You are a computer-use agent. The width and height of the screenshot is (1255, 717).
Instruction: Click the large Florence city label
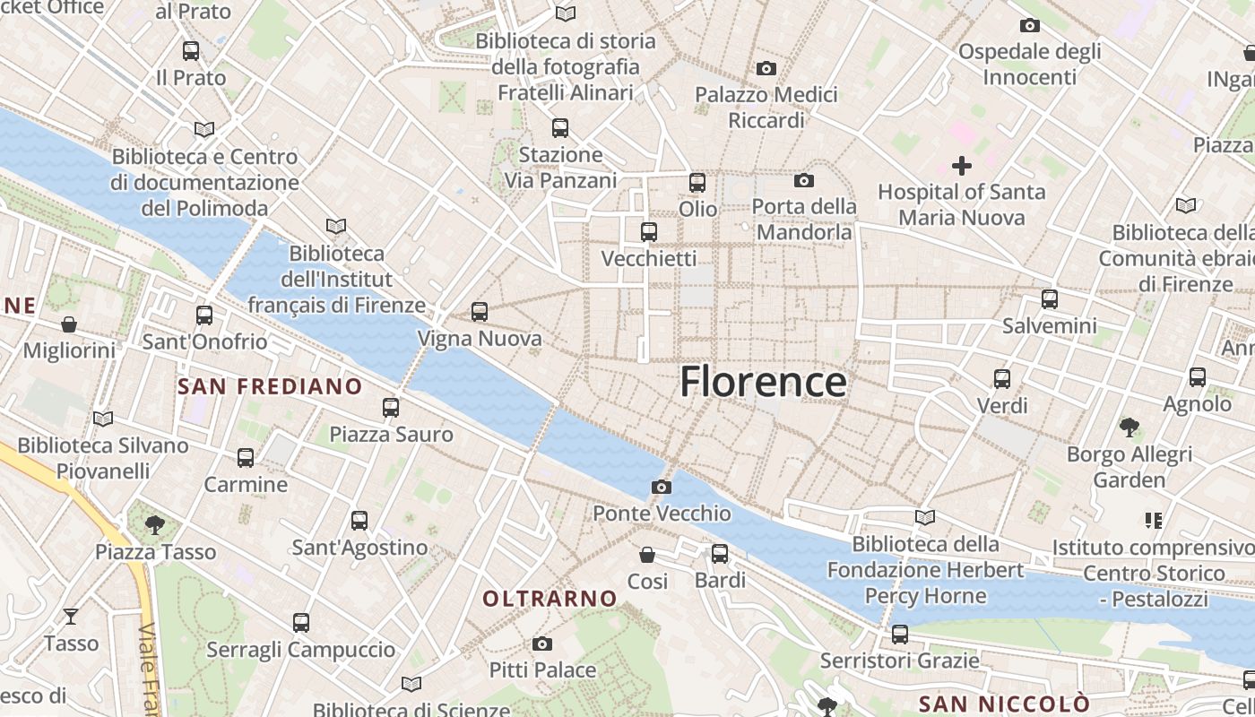pos(763,382)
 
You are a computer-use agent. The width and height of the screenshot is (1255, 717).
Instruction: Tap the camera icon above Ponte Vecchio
pos(662,487)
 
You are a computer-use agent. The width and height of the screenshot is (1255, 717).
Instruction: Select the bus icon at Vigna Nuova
pos(480,312)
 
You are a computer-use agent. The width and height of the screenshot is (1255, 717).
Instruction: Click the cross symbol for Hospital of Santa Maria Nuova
pos(962,165)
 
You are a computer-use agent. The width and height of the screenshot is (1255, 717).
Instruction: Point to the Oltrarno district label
pos(550,599)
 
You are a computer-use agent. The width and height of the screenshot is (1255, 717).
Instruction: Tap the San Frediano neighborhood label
pos(270,387)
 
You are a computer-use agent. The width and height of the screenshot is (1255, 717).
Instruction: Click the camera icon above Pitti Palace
pos(541,644)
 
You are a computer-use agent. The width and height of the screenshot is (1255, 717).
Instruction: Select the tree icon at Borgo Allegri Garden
pos(1129,427)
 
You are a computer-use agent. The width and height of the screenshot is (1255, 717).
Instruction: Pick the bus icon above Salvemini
pos(1049,298)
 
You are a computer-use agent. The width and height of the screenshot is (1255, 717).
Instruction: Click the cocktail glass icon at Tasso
pos(71,616)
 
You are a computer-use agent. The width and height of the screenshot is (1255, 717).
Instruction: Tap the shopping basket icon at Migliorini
pos(69,324)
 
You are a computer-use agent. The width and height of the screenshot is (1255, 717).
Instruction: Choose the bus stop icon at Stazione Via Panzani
pos(560,127)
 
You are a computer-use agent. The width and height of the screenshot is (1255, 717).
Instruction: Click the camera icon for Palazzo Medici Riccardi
pos(766,68)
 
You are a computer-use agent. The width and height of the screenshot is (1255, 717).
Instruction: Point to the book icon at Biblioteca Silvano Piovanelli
pos(103,419)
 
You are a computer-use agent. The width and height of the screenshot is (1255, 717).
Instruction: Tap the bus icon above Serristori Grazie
pos(900,634)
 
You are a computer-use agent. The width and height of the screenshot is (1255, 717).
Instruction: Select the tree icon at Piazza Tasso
pos(155,524)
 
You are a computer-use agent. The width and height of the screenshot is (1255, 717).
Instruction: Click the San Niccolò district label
pos(1005,703)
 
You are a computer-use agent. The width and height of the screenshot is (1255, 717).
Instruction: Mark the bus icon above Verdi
pos(1002,379)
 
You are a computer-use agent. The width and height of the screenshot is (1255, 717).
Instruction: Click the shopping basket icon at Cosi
pos(647,555)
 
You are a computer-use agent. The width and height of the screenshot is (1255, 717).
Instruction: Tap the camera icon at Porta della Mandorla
pos(804,180)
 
